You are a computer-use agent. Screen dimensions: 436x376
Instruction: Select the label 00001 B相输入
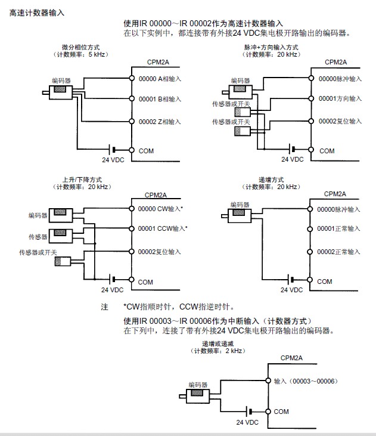tap(160, 99)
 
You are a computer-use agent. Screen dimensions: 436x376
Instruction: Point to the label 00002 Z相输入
tap(160, 122)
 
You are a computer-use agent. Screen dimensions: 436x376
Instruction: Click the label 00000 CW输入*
tap(160, 209)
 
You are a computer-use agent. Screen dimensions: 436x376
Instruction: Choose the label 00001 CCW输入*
tap(162, 228)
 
